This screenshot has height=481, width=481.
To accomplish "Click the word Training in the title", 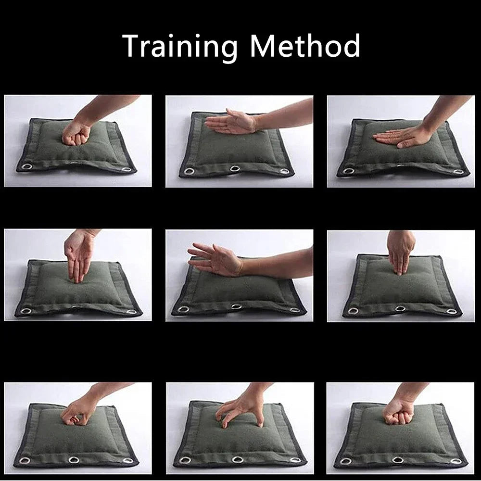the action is point(180,46).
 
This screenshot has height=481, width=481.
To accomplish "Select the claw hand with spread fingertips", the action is point(239,409).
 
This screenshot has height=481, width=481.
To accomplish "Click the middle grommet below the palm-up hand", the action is point(235,168).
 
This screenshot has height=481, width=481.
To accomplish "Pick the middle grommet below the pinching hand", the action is point(74,460).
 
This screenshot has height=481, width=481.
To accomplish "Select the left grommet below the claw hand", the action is point(185,460).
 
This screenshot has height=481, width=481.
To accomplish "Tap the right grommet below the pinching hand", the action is point(128,460).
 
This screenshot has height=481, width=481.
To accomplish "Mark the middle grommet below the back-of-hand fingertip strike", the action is point(400,308).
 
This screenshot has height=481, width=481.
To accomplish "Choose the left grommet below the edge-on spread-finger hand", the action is point(183,309).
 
